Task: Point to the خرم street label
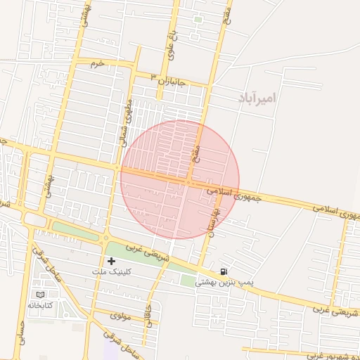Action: coord(97,63)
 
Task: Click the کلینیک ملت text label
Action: coord(111,270)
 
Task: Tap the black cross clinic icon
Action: coord(111,261)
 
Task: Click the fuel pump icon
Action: coord(224,272)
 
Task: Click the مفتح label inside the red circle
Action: coord(196,146)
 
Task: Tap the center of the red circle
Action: coord(180,179)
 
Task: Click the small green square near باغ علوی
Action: coord(198,20)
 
